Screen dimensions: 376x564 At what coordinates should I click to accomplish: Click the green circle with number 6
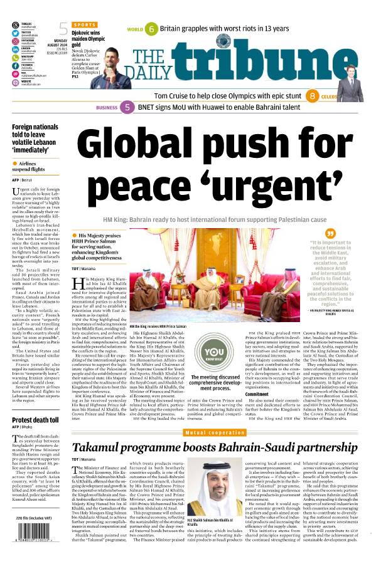pyautogui.click(x=151, y=29)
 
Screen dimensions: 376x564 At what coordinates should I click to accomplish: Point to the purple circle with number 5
pyautogui.click(x=127, y=108)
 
